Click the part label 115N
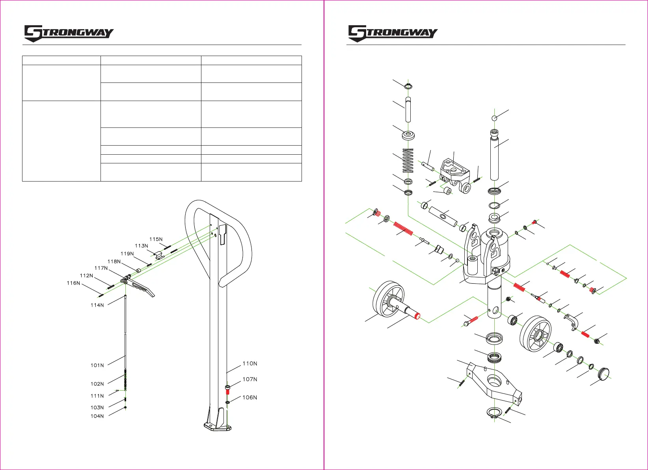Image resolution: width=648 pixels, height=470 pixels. [156, 239]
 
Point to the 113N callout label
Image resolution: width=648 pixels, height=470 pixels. [142, 246]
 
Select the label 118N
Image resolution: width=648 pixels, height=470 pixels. [114, 261]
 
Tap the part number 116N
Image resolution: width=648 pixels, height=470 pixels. [73, 283]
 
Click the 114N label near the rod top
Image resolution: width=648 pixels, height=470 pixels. [97, 305]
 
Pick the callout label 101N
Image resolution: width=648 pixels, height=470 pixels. [97, 365]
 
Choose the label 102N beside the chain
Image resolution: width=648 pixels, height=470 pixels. [97, 384]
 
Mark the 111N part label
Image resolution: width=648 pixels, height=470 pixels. [97, 396]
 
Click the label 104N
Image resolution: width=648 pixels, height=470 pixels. [97, 416]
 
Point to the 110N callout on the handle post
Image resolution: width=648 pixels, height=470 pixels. [250, 363]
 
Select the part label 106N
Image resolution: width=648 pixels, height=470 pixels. [250, 397]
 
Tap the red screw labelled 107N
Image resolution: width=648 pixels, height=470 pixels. [228, 390]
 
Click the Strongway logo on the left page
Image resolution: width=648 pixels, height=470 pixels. [69, 33]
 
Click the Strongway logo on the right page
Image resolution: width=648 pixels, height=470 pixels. [393, 33]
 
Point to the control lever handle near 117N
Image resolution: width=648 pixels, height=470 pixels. [143, 288]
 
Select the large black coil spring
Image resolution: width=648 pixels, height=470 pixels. [408, 161]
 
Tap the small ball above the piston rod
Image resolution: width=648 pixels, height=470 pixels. [495, 118]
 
